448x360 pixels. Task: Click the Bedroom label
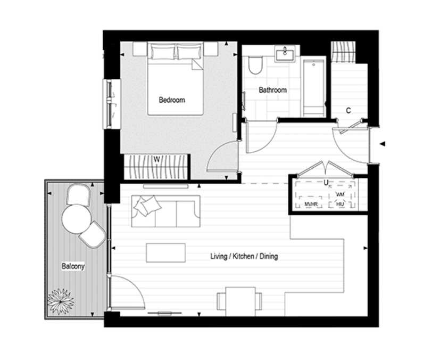172,100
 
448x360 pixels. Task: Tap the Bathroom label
272,90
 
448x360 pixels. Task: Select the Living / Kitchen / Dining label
244,256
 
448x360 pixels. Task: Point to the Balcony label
73,266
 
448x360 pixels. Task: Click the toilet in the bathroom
255,65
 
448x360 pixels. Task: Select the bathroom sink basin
285,54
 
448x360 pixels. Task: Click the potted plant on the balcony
61,301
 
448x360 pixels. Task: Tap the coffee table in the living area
165,253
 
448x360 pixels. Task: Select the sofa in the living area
165,211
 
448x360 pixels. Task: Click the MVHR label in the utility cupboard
311,204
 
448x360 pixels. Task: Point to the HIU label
340,204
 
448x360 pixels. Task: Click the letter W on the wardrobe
156,159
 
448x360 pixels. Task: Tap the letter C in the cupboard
349,110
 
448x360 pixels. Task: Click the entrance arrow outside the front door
382,144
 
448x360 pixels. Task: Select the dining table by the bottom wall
240,301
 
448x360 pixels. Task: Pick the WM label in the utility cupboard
340,194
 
